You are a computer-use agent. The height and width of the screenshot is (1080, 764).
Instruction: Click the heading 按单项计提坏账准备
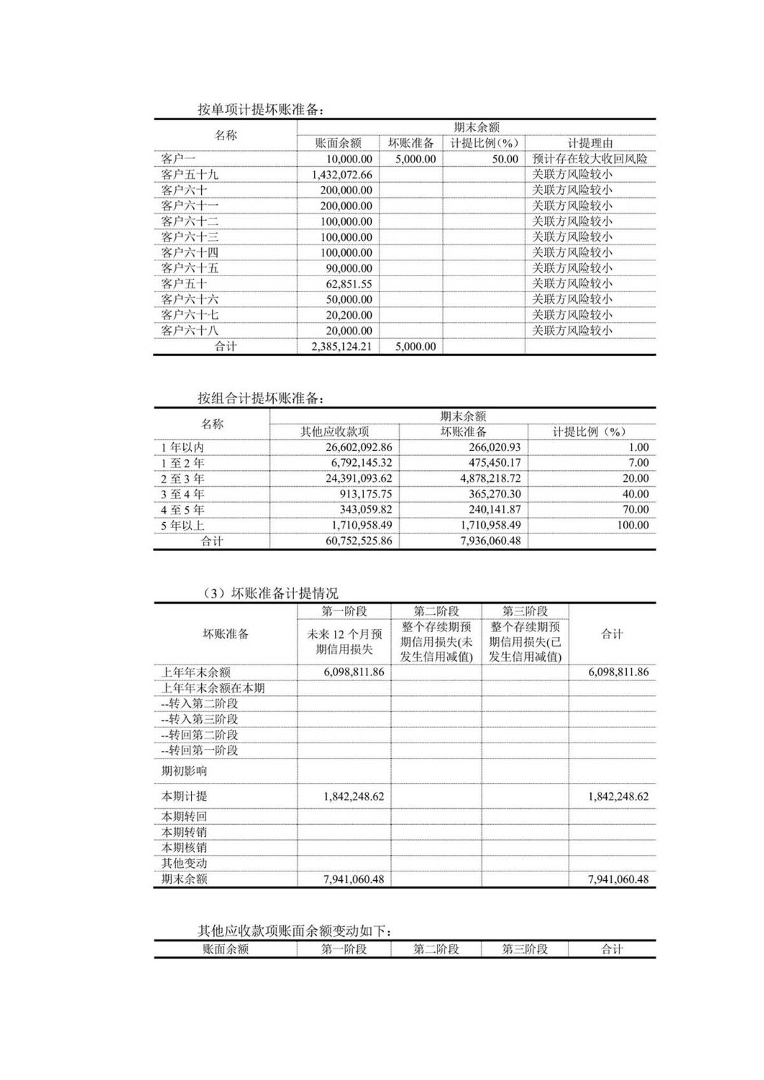coord(261,109)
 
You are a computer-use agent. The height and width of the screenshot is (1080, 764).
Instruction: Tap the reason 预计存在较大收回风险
coord(590,159)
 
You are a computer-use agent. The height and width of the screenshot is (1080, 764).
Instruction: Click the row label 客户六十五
coord(190,268)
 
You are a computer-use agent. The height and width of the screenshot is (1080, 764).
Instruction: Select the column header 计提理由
coord(590,143)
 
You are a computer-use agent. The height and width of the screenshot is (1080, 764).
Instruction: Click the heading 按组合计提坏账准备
coord(261,398)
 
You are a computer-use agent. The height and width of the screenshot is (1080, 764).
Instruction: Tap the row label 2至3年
coord(183,479)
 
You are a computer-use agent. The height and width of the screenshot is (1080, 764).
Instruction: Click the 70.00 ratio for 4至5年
coord(635,510)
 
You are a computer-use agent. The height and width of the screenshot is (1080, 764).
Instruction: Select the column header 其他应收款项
coord(334,431)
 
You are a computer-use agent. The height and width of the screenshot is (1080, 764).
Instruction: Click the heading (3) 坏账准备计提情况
coord(271,593)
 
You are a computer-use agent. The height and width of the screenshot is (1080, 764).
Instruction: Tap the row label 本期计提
coord(184,796)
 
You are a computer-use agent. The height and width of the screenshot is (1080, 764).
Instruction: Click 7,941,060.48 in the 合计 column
coord(618,879)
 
